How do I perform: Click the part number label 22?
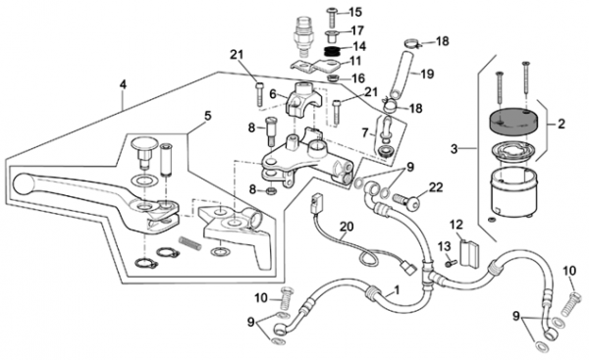click(436, 187)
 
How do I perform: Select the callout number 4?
click(123, 84)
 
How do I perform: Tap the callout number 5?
click(208, 116)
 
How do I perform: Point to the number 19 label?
click(427, 74)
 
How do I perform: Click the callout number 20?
click(347, 227)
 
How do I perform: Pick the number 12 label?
click(456, 225)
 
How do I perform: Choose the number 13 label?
click(444, 246)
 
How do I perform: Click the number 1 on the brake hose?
click(397, 289)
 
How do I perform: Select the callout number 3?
click(455, 149)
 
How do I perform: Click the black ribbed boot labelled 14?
click(332, 51)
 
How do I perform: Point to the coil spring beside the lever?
click(190, 243)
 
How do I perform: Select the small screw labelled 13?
click(451, 264)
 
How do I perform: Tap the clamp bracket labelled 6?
click(304, 99)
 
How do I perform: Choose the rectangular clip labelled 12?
click(469, 254)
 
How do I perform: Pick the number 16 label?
click(358, 78)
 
